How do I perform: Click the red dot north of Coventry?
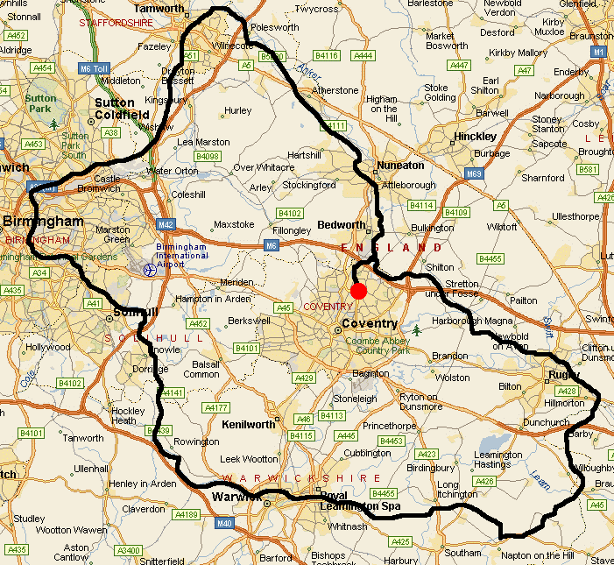point(357,291)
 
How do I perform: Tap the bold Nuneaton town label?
point(399,165)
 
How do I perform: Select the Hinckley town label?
point(476,137)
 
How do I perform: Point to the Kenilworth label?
point(247,424)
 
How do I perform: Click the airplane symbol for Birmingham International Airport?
point(149,270)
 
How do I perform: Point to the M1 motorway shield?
point(599,53)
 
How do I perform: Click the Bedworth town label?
point(342,225)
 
